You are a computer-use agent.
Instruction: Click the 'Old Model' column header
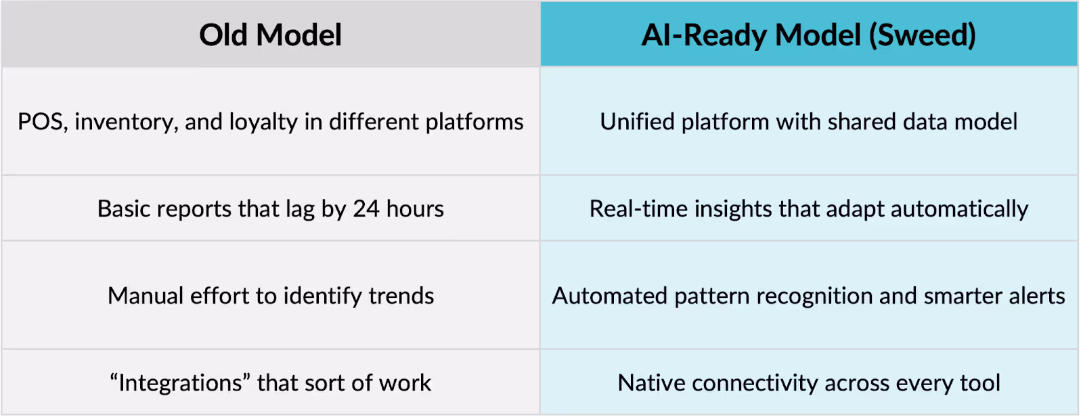[x=270, y=35]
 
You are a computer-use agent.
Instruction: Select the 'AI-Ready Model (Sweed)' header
[x=808, y=35]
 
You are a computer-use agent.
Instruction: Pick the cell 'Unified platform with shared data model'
[x=808, y=122]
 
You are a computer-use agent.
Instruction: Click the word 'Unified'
[x=637, y=122]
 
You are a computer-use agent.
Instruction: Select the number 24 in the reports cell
[x=366, y=209]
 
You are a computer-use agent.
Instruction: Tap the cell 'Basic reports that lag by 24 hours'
[x=270, y=209]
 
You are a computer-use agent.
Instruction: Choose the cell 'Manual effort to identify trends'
[x=270, y=296]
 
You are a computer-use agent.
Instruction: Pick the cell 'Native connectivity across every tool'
[x=808, y=383]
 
